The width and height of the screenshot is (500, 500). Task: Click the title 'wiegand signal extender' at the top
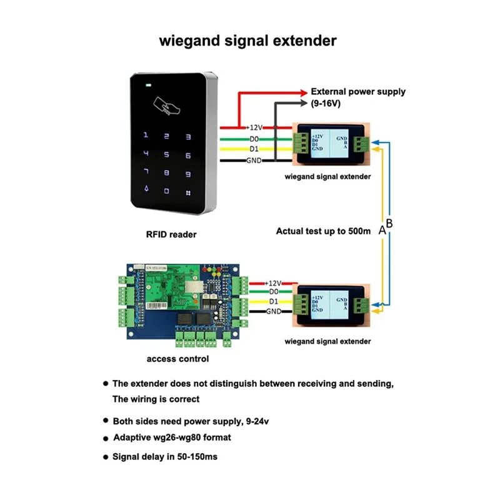(x=248, y=42)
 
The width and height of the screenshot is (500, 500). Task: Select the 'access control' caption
(x=177, y=359)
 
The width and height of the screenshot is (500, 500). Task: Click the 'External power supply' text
(x=357, y=91)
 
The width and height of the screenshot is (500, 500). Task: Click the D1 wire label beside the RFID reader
(x=254, y=149)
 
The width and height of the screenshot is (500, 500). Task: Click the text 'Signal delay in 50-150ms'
(x=164, y=457)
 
